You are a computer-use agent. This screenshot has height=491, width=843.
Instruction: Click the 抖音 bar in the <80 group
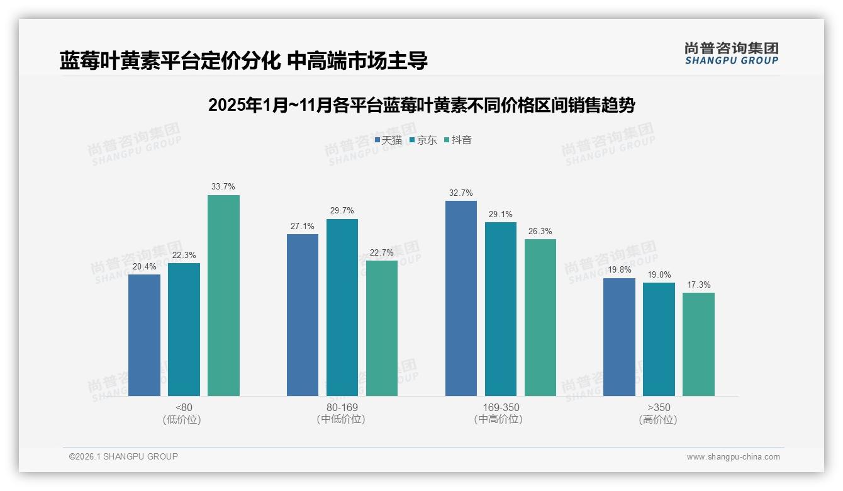click(x=223, y=295)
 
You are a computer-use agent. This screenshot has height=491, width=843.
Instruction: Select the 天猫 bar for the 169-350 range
click(x=461, y=298)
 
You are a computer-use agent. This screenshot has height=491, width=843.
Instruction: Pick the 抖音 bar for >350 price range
click(x=698, y=344)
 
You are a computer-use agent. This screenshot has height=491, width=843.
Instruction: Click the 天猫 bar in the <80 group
click(x=144, y=335)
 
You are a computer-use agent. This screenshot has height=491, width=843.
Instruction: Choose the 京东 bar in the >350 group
click(x=659, y=339)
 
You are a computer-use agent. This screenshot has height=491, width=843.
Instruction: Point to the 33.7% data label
click(x=223, y=187)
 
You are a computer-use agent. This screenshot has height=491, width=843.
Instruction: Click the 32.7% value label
click(x=461, y=193)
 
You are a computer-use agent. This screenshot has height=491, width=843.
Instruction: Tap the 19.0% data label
click(x=659, y=274)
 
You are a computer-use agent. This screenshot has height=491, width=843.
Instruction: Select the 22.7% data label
click(x=382, y=252)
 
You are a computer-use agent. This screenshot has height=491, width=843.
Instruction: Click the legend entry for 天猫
click(x=388, y=140)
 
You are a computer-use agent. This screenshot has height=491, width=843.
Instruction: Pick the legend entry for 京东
click(x=423, y=140)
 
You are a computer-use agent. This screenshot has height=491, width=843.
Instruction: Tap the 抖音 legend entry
click(x=458, y=140)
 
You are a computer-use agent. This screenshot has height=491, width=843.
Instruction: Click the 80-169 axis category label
click(x=342, y=407)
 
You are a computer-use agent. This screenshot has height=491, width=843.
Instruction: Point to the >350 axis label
click(x=659, y=407)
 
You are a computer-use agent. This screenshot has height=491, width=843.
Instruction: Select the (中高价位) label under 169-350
click(x=500, y=419)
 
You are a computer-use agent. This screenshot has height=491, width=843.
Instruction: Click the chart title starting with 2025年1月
click(x=421, y=105)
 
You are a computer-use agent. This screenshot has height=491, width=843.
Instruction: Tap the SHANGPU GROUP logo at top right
click(x=732, y=54)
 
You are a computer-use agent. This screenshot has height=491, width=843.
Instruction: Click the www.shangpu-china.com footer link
click(x=733, y=456)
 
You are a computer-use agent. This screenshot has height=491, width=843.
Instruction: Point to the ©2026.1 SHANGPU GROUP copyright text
click(x=123, y=456)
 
